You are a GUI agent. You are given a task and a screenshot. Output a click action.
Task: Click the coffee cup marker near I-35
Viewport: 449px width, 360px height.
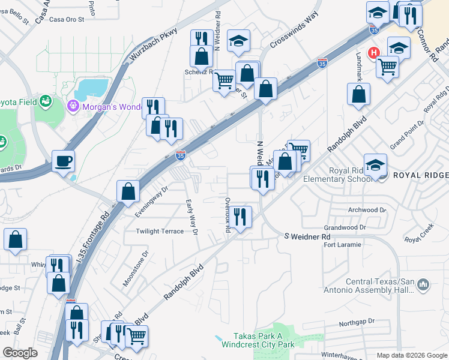63,161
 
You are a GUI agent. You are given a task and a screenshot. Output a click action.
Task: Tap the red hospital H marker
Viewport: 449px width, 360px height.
374,53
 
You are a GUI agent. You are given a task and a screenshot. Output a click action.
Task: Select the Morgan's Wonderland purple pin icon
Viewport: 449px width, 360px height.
74,105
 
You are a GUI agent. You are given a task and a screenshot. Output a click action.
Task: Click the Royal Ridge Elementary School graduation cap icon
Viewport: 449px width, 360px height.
375,165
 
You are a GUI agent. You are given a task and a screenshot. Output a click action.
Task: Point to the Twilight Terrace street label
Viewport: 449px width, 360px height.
160,231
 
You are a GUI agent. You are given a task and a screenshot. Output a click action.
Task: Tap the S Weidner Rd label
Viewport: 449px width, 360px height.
307,237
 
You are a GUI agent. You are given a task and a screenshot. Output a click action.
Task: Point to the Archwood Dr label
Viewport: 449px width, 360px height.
367,210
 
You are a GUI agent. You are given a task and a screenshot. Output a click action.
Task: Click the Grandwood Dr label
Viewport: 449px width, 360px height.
345,228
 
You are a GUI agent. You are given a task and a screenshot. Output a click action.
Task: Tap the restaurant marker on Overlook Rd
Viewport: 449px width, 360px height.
241,217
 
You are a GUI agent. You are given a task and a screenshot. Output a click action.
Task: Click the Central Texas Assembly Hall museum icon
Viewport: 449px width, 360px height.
423,283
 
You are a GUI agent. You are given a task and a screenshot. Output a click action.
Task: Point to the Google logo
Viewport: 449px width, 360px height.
20,353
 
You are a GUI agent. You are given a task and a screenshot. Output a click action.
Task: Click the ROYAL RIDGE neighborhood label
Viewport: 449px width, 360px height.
420,175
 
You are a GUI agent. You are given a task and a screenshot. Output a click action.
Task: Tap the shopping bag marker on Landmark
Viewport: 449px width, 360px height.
358,94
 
